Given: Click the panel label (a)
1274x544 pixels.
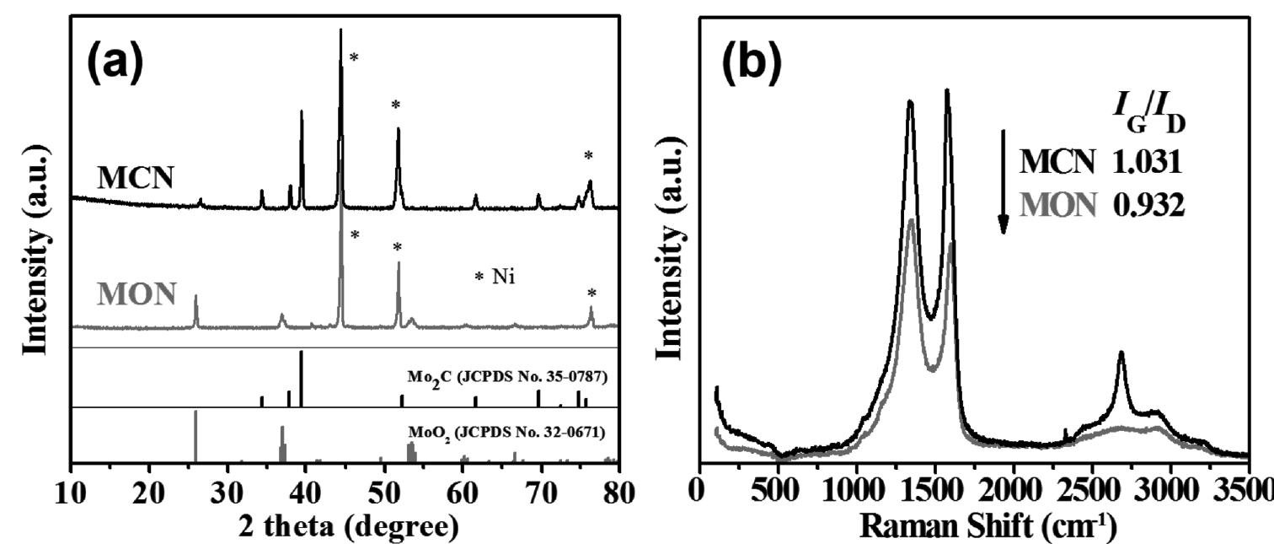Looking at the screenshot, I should coord(116,62).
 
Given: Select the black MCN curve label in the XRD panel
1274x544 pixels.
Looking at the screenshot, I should coord(136,177).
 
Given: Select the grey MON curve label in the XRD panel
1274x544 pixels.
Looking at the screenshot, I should coord(136,294).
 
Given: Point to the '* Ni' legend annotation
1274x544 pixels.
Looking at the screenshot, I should coord(495,276).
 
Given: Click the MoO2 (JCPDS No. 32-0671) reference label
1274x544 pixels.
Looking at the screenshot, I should coord(507,434).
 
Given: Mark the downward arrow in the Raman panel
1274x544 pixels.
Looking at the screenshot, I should coord(1003,181).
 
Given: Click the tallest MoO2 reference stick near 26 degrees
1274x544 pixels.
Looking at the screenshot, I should coord(195,435).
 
